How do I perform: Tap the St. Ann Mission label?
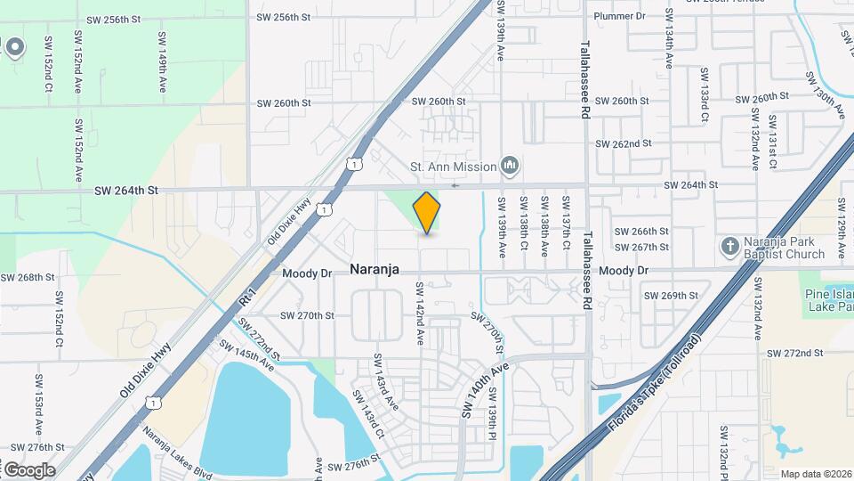(x=452, y=165)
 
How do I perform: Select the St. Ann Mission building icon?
(x=510, y=165)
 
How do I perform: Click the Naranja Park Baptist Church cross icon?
(x=729, y=246)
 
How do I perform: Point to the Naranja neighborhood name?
(x=374, y=269)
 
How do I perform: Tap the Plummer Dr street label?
(x=619, y=16)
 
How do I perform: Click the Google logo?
(x=28, y=469)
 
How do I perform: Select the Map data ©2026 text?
(x=816, y=474)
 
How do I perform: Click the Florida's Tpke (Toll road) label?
(x=656, y=385)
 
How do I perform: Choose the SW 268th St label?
(x=27, y=277)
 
